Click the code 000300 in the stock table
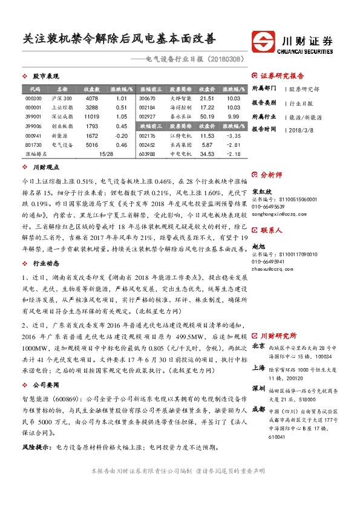click(33, 98)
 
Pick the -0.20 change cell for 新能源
click(121, 136)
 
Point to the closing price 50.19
click(207, 115)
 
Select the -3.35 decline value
click(233, 136)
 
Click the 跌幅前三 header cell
click(147, 127)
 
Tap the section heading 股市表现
click(45, 77)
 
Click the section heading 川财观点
click(45, 167)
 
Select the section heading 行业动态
click(45, 264)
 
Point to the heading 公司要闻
click(45, 383)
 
